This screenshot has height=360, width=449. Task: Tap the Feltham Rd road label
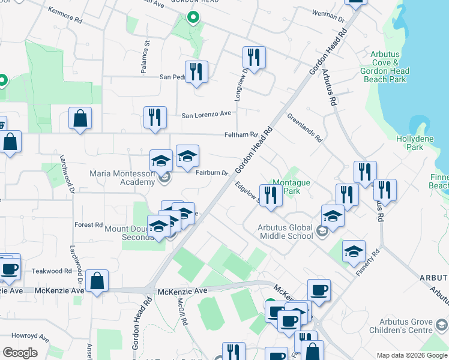[x=241, y=135]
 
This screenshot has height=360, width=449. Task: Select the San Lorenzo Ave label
[x=206, y=113]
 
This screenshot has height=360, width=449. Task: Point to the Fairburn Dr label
[x=212, y=173]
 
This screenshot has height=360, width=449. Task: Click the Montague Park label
[x=291, y=187]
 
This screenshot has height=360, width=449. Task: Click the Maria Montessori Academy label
[x=122, y=178]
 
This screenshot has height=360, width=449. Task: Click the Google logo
[x=20, y=353]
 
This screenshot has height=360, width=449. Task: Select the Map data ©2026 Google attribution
[x=412, y=355]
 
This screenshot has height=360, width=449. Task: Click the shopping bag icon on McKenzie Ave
[x=97, y=281]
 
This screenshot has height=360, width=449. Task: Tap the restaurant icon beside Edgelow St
[x=271, y=196]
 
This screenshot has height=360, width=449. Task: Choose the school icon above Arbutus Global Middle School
[x=333, y=215]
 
